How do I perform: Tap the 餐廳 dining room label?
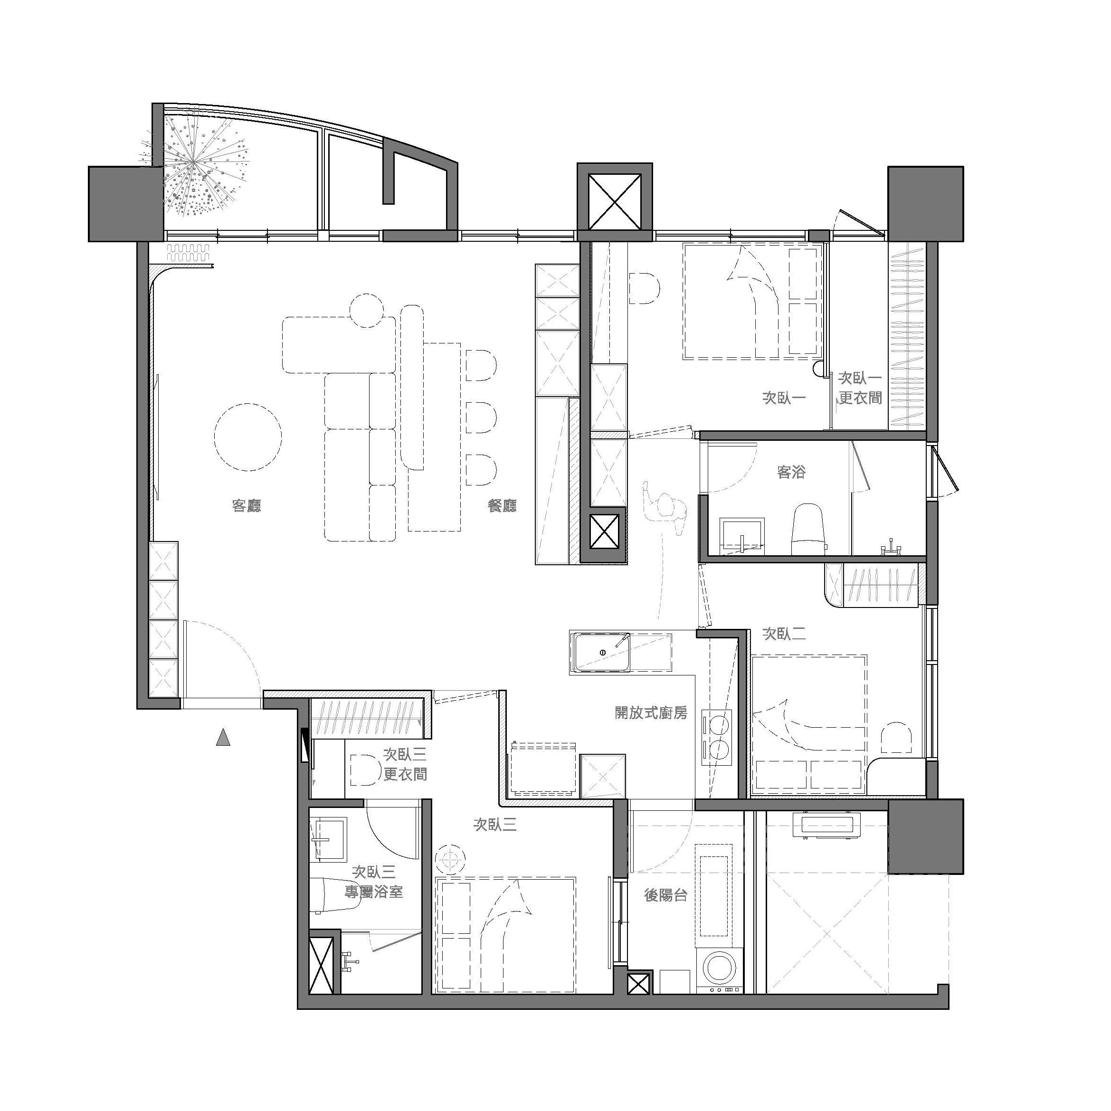pos(502,505)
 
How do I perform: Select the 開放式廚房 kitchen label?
pos(650,713)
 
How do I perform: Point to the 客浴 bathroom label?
pos(791,473)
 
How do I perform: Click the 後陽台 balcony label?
pos(666,895)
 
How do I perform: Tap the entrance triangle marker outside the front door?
pos(223,737)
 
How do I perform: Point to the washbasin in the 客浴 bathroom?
pos(742,536)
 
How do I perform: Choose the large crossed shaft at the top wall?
pos(615,202)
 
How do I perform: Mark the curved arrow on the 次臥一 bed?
pos(753,302)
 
